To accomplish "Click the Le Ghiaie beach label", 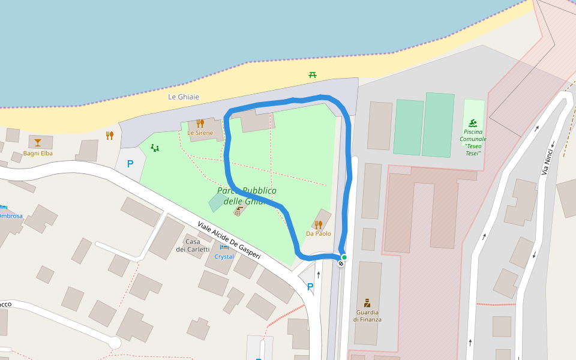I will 184,97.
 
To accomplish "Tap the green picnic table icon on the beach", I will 313,74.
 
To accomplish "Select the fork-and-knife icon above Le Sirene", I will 200,124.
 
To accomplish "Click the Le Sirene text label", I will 200,133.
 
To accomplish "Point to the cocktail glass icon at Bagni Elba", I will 38,142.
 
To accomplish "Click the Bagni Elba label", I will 38,153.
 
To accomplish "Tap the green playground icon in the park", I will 155,148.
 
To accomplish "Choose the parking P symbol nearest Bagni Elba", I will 130,164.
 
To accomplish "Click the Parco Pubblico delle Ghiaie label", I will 247,196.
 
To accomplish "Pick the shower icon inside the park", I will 238,211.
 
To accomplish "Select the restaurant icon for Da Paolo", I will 319,224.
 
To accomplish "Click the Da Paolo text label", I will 319,233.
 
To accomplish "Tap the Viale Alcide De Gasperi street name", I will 229,240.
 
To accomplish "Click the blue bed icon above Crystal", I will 224,247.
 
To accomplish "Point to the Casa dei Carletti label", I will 193,245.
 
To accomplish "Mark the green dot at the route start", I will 344,257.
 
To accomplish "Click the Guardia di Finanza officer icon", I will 367,303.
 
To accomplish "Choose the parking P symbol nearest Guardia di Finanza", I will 310,287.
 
